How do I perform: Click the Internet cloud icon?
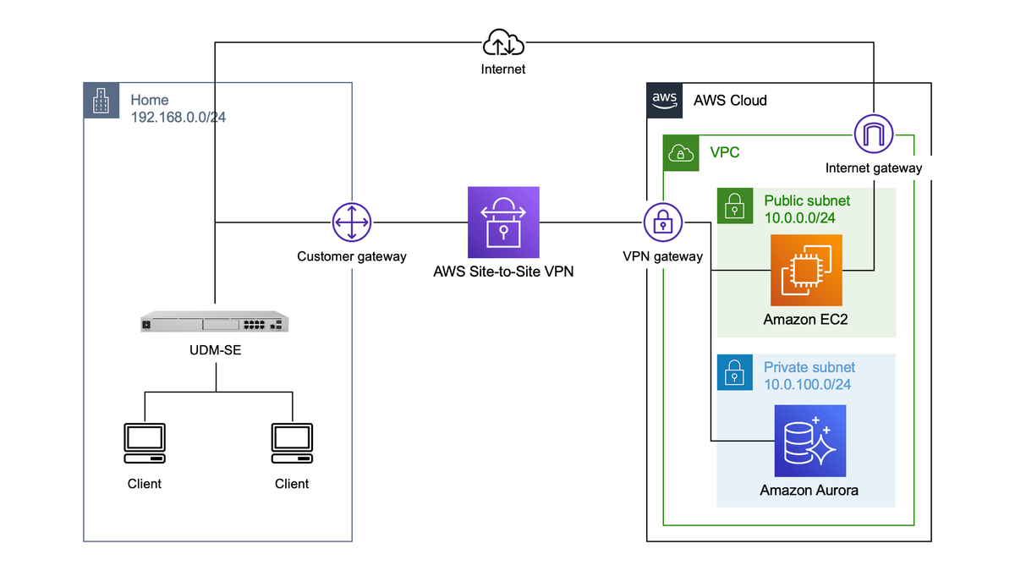503,43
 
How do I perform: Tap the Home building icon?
101,101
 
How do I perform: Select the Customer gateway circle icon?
351,223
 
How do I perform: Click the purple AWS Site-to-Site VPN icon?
503,222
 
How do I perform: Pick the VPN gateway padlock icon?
662,223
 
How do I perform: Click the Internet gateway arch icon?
873,135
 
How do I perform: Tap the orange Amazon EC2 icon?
806,270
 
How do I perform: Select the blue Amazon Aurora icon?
809,441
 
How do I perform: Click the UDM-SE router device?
215,322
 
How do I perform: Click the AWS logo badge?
664,100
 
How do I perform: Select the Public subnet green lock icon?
734,206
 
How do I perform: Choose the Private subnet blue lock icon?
734,372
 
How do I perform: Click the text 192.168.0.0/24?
178,118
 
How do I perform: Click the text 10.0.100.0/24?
807,384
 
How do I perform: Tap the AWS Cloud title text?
730,100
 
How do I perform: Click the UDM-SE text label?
215,349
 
